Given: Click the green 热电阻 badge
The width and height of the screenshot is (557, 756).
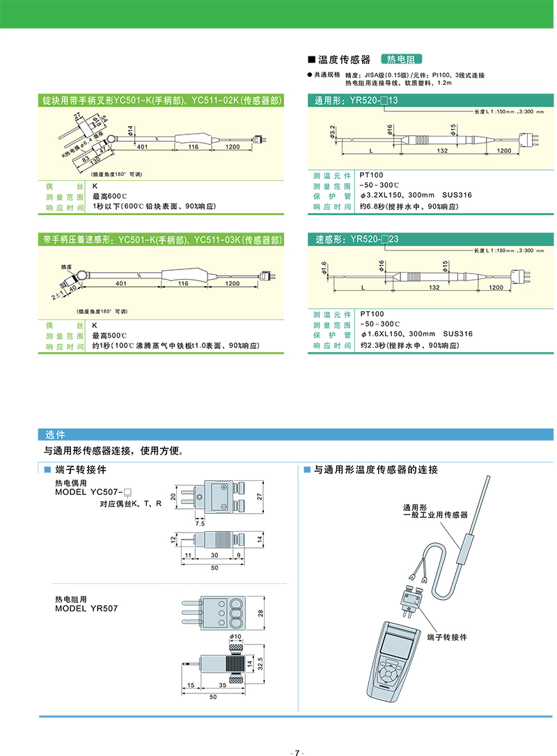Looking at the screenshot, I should pyautogui.click(x=402, y=60).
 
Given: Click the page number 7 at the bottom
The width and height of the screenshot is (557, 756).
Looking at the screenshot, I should pyautogui.click(x=297, y=753).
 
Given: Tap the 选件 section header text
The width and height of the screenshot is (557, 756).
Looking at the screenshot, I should pyautogui.click(x=54, y=434).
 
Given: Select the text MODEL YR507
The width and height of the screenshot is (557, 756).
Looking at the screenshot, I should pyautogui.click(x=86, y=608).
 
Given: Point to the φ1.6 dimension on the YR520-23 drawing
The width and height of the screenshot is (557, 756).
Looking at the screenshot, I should pyautogui.click(x=324, y=268).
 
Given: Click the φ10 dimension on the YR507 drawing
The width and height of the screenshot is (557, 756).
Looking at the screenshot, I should pyautogui.click(x=235, y=636).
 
